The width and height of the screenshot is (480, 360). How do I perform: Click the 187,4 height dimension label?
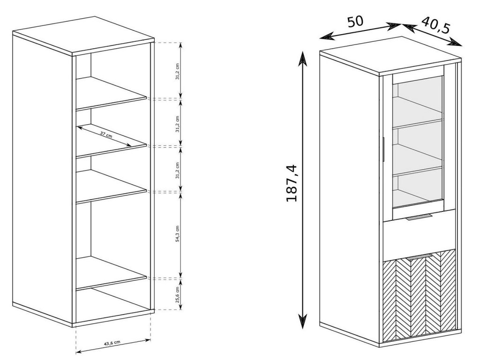(293, 183)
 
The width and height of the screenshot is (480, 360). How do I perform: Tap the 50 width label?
(355, 22)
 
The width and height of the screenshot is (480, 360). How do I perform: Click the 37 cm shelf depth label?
(106, 135)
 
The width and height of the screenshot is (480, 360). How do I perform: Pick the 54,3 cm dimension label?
(177, 234)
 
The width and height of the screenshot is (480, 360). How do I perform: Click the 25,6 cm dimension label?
(177, 294)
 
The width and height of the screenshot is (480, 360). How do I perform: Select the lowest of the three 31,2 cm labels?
(177, 169)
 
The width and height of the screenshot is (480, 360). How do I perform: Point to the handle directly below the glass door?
(420, 217)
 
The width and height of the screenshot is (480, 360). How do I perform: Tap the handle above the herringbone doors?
(420, 256)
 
